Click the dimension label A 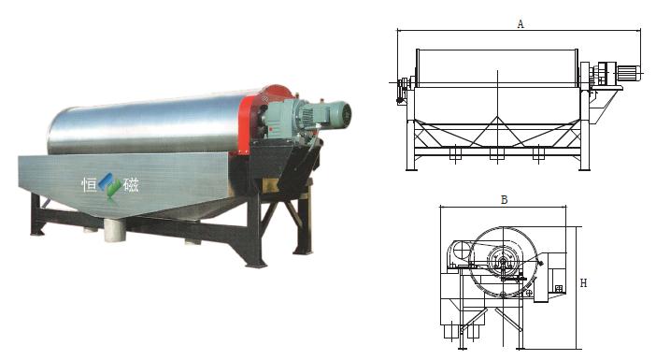520,24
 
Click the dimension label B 504,200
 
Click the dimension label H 584,283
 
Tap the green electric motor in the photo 322,115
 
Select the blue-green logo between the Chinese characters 110,184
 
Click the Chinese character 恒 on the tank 89,184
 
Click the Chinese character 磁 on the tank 131,184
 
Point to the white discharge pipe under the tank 115,230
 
